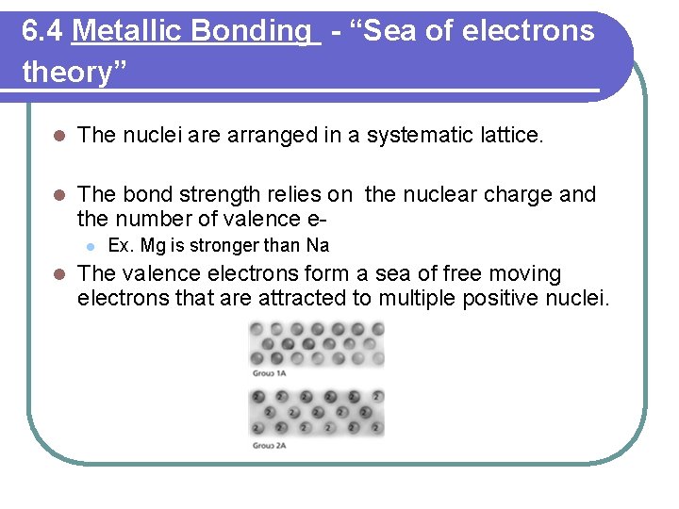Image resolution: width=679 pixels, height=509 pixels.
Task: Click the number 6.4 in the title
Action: point(42,32)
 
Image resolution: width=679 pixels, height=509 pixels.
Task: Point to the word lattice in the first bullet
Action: point(510,136)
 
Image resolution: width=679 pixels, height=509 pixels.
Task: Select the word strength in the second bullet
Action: point(216,195)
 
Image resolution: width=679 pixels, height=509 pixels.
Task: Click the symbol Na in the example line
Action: point(317,246)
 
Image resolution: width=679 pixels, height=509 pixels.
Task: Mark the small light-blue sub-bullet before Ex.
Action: point(88,247)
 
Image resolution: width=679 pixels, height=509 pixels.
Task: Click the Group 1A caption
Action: point(269,374)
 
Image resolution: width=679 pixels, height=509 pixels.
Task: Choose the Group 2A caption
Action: point(269,444)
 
